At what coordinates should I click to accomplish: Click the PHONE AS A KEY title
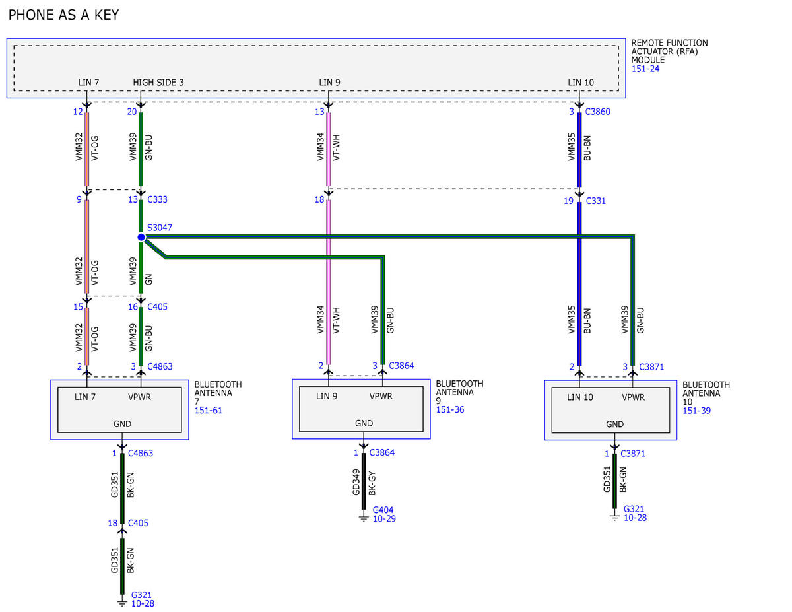[63, 15]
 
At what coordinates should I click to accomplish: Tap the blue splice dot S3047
[141, 237]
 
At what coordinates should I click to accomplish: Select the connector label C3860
[597, 112]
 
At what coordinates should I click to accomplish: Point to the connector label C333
[157, 199]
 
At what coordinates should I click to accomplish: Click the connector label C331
[595, 201]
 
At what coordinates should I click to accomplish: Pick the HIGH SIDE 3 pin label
[158, 83]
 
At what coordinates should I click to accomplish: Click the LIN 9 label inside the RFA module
[329, 83]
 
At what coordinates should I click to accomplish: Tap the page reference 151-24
[645, 69]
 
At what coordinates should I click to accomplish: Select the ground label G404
[383, 510]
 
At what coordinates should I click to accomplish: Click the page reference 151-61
[208, 411]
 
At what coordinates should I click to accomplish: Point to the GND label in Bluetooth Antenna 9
[364, 423]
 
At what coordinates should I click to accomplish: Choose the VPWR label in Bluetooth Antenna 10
[633, 397]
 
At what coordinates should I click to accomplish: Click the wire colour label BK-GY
[372, 483]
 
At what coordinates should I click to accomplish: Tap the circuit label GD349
[356, 482]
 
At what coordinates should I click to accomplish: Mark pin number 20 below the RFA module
[131, 112]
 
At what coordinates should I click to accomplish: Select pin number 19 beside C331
[568, 201]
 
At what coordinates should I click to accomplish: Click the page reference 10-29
[384, 518]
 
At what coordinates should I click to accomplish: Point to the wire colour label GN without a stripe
[148, 279]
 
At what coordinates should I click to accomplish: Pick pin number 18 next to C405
[112, 523]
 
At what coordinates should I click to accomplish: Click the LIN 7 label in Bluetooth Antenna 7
[85, 397]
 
